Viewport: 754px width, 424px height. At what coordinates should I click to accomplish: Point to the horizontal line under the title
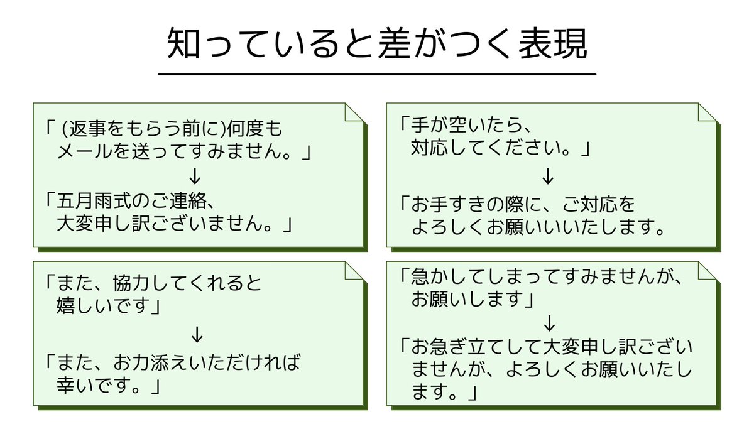pos(376,74)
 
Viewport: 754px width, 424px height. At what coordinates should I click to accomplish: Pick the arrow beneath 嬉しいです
pos(197,335)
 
